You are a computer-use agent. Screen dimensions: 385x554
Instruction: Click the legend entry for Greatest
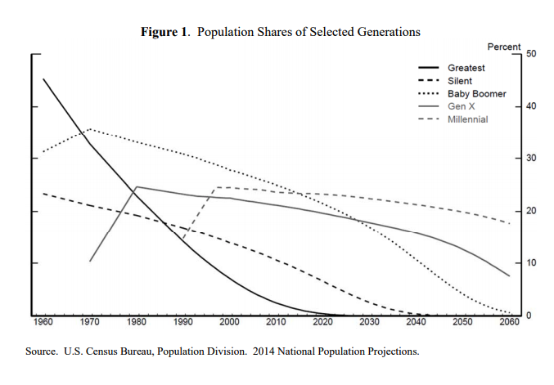pyautogui.click(x=466, y=68)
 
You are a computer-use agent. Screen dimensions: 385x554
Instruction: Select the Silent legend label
pyautogui.click(x=459, y=81)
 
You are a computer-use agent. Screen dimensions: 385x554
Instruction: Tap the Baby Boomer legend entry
pyautogui.click(x=476, y=94)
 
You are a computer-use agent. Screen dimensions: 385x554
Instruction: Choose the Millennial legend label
pyautogui.click(x=467, y=119)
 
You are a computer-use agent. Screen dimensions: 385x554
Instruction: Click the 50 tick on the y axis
pyautogui.click(x=532, y=54)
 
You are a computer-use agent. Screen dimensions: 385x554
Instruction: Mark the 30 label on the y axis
pyautogui.click(x=532, y=159)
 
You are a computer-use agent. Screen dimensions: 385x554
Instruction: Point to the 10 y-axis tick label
pyautogui.click(x=532, y=263)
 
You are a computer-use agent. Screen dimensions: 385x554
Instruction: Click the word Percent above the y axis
pyautogui.click(x=504, y=47)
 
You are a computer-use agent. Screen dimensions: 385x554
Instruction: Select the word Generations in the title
pyautogui.click(x=387, y=32)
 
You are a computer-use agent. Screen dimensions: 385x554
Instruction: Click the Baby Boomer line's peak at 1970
pyautogui.click(x=90, y=128)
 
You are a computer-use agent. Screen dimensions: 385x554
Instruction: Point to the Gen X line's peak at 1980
pyautogui.click(x=136, y=186)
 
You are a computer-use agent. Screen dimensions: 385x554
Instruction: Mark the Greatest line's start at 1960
pyautogui.click(x=43, y=78)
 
